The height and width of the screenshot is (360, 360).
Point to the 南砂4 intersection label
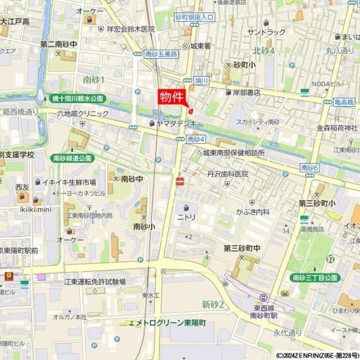click(x=196, y=139)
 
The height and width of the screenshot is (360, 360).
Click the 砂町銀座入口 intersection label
click(x=195, y=17)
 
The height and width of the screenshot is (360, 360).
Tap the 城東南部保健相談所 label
click(x=233, y=152)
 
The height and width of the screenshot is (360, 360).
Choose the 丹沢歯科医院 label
click(x=227, y=174)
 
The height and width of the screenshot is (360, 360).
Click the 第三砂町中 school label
click(x=242, y=248)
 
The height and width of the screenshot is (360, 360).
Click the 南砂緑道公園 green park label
click(x=73, y=158)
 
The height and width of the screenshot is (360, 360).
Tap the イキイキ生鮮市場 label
click(x=69, y=182)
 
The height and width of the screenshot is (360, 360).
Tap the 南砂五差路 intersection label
click(x=161, y=54)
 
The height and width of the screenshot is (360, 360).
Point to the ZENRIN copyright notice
click(x=317, y=355)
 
